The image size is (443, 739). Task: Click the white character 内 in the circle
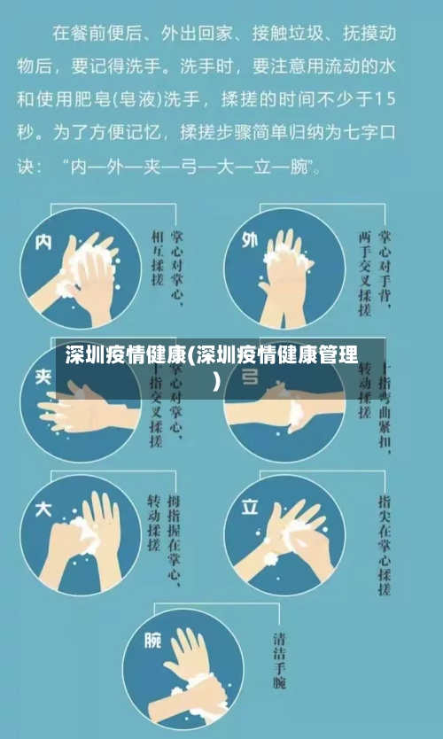43,242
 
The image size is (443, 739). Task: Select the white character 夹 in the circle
43,376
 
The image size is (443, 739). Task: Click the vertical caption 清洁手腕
281,660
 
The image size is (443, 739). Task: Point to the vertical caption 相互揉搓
158,256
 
